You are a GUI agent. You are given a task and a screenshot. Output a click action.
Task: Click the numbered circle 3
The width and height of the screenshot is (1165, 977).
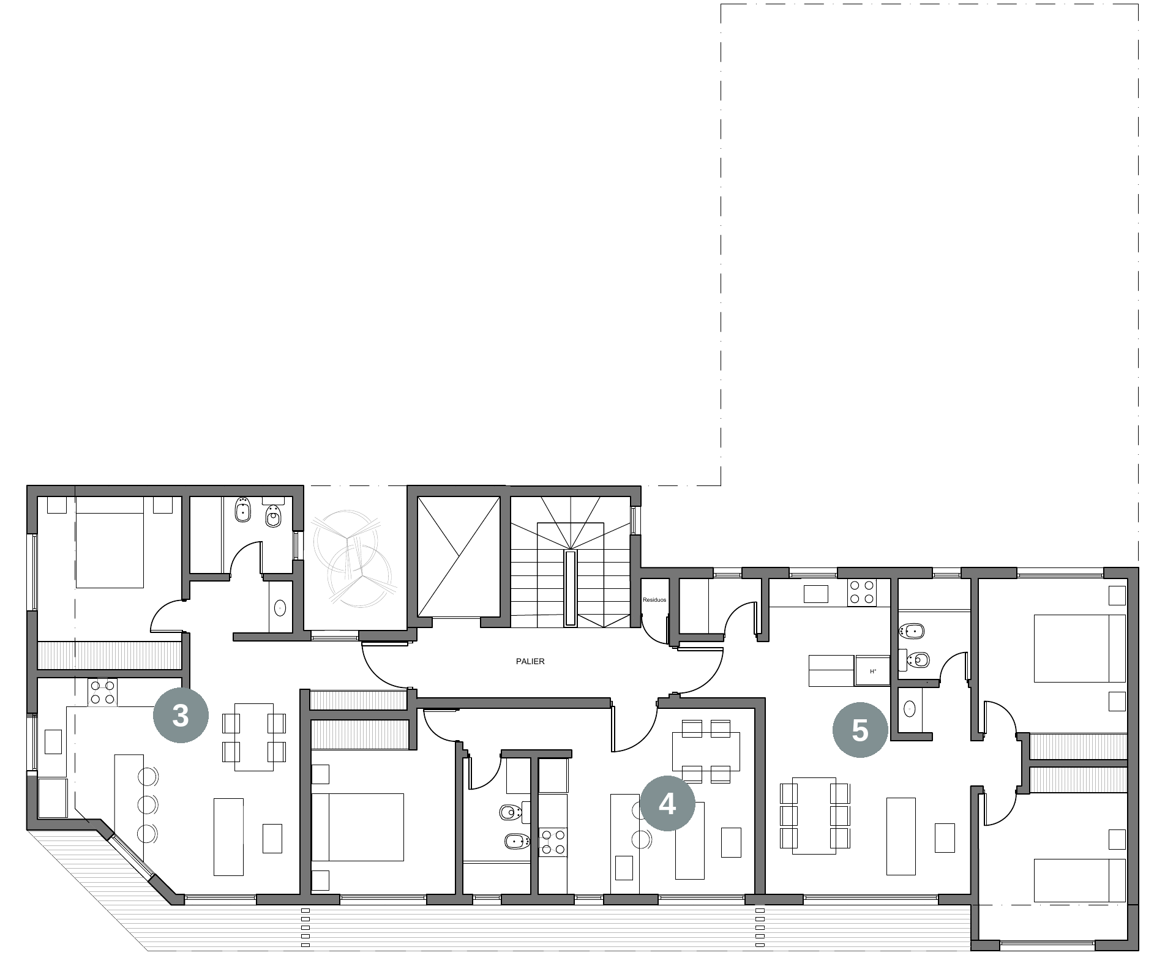point(180,715)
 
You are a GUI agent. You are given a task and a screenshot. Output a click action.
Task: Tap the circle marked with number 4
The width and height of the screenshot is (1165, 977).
point(667,803)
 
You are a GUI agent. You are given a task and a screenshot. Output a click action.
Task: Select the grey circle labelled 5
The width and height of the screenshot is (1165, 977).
point(860,730)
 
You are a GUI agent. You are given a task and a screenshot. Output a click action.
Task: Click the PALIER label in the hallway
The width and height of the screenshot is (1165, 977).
point(530,661)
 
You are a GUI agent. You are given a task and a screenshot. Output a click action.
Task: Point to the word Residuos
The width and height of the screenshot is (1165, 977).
point(654,600)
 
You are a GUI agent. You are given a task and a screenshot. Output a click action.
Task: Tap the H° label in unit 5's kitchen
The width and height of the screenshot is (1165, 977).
point(874,672)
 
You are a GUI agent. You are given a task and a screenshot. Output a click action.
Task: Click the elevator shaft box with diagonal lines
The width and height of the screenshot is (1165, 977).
point(458,556)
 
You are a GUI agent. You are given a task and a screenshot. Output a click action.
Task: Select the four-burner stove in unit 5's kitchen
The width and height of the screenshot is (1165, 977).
point(861,592)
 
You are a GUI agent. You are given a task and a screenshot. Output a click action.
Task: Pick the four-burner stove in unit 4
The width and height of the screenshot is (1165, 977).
point(553,842)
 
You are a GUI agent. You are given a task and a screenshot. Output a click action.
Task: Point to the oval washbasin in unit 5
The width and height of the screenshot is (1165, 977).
point(910,709)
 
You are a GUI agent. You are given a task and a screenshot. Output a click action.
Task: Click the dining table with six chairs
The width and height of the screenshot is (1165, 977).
point(814,815)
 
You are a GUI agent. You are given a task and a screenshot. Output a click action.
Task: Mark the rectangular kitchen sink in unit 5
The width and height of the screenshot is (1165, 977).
point(815,594)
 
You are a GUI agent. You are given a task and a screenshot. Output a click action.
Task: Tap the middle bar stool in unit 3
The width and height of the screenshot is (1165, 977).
point(148,804)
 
